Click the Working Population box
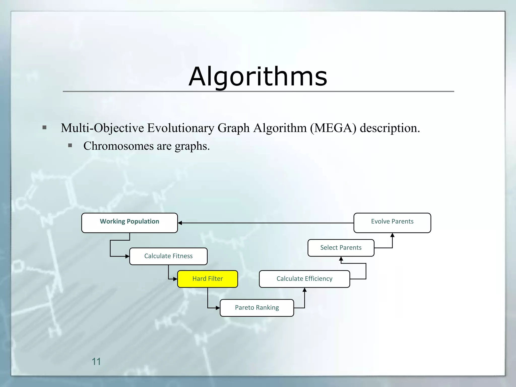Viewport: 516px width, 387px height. (x=130, y=223)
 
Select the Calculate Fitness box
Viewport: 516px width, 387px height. (x=168, y=256)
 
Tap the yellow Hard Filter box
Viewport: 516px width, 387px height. (x=208, y=279)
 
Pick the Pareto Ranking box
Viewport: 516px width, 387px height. (x=257, y=308)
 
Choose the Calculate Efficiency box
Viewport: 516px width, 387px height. (x=304, y=279)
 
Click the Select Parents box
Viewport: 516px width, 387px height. (x=341, y=248)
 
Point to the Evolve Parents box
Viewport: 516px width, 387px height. (x=392, y=223)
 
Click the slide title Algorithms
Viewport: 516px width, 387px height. (x=258, y=76)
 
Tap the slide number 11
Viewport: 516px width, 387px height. (x=96, y=362)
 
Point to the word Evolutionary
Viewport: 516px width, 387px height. (x=180, y=128)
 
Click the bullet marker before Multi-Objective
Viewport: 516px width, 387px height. (x=45, y=127)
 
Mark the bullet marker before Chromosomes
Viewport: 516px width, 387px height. (x=70, y=145)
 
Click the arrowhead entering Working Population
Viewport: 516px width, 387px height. (x=180, y=223)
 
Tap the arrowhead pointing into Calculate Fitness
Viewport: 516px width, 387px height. (x=127, y=256)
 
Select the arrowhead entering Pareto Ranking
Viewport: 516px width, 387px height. (x=218, y=308)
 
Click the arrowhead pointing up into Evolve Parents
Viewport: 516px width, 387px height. (x=392, y=235)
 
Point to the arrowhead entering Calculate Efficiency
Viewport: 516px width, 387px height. (x=305, y=290)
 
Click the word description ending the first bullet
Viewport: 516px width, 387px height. (x=390, y=128)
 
